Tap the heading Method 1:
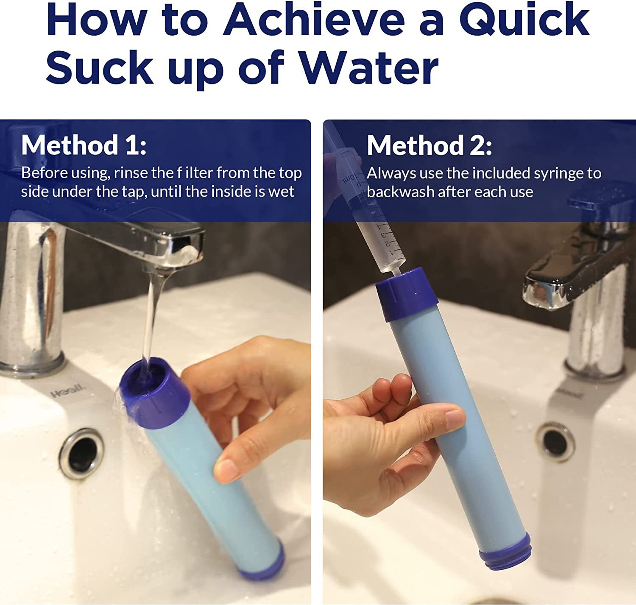click(84, 145)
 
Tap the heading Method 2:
click(429, 145)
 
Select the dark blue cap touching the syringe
click(406, 294)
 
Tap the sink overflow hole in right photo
click(556, 442)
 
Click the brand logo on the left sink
click(68, 391)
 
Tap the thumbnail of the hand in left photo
click(226, 470)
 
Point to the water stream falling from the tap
click(151, 318)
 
